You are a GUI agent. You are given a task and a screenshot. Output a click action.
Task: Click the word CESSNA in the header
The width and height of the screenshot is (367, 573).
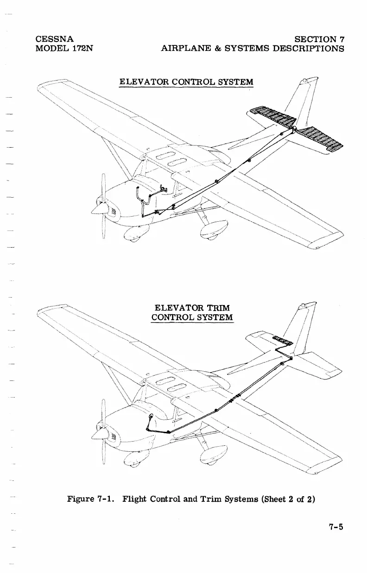pyautogui.click(x=54, y=38)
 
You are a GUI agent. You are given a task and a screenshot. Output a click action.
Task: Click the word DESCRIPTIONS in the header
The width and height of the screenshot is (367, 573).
pyautogui.click(x=306, y=48)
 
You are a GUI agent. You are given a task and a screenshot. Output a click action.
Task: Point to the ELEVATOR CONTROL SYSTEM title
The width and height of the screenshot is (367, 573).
pyautogui.click(x=186, y=82)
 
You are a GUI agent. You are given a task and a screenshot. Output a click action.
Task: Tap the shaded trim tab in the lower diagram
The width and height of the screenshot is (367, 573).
pyautogui.click(x=282, y=342)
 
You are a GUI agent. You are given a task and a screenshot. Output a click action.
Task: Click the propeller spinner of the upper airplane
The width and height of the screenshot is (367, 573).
pyautogui.click(x=99, y=208)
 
